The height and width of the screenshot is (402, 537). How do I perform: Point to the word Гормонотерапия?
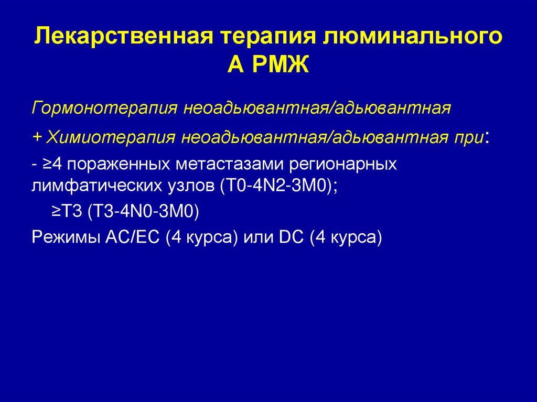pos(103,110)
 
